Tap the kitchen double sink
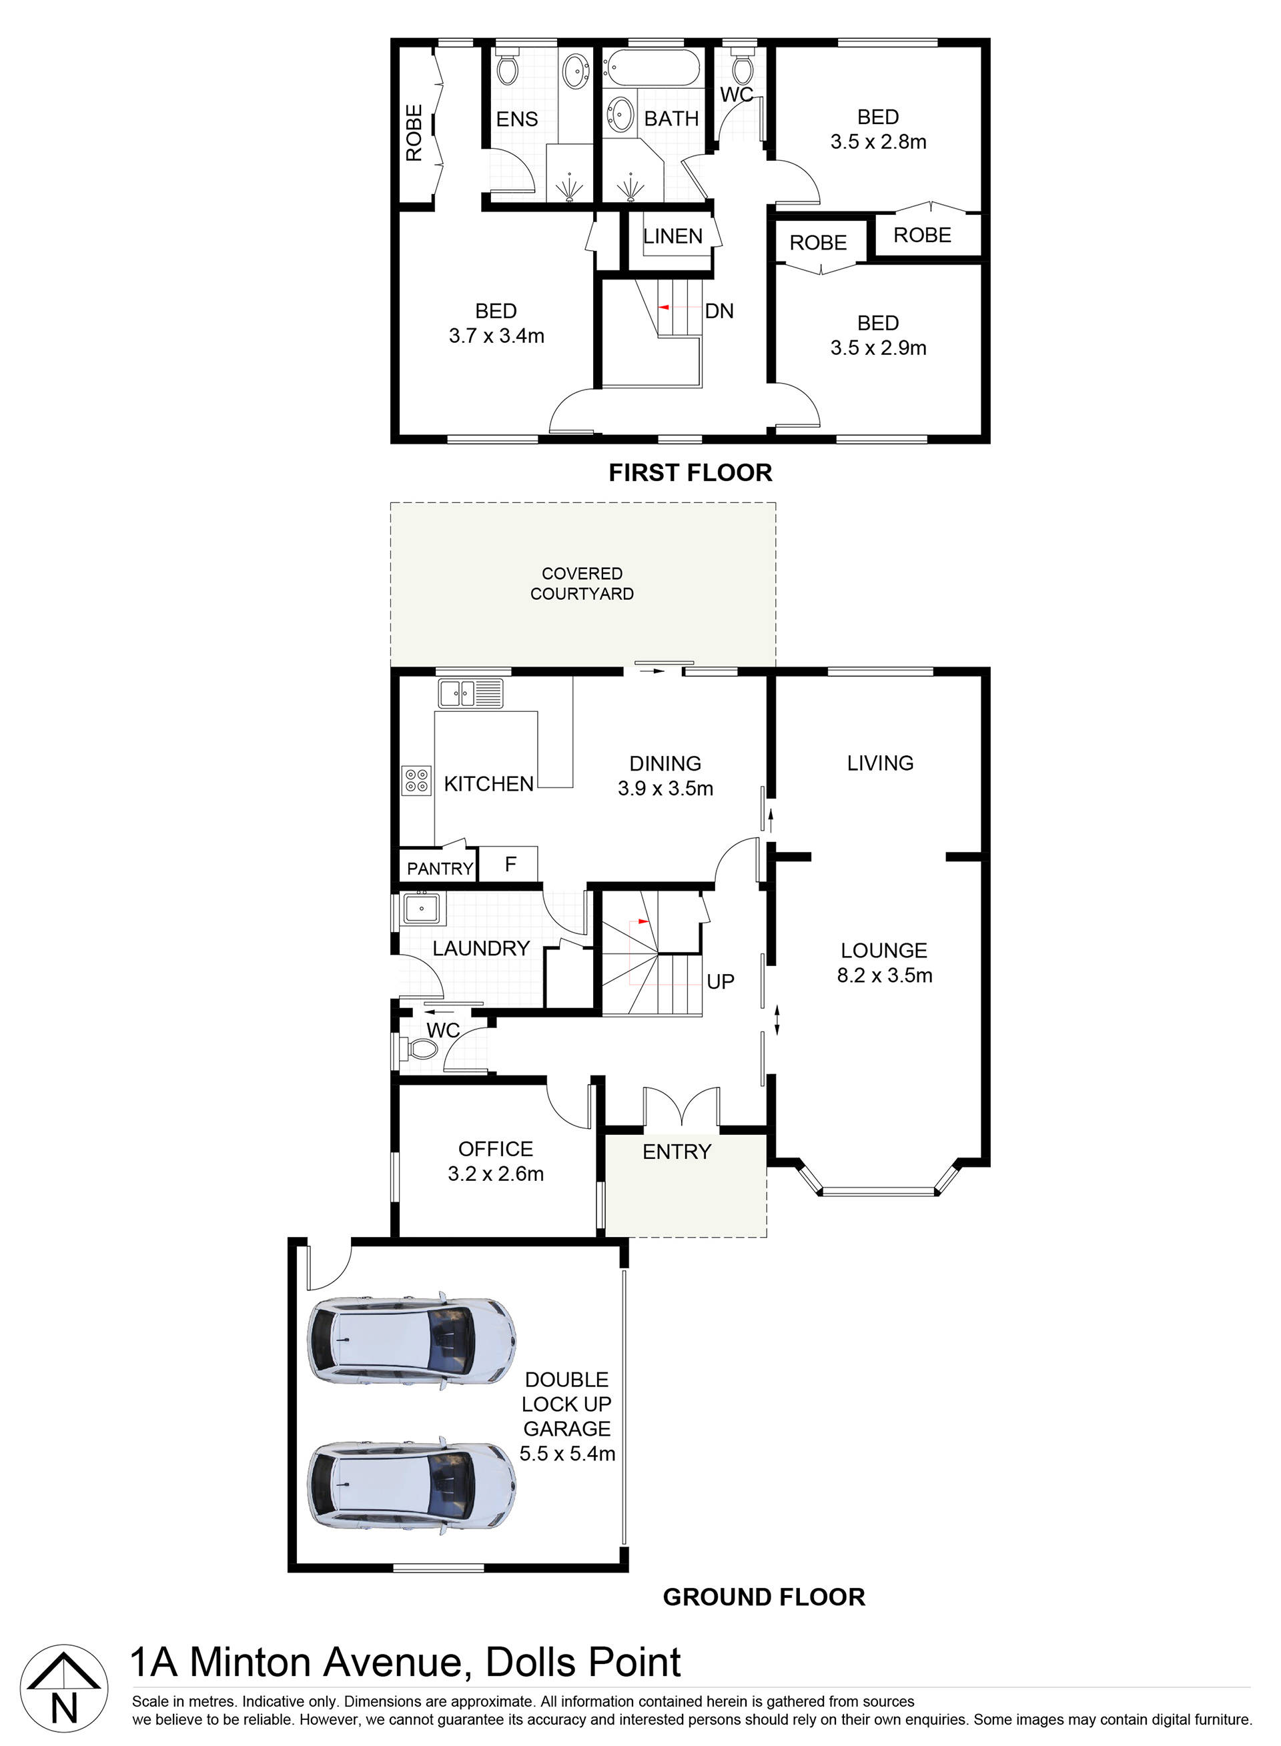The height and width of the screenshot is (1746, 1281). [x=470, y=693]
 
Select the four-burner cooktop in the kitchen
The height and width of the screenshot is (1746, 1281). [x=416, y=780]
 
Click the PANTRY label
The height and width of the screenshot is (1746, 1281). [x=440, y=869]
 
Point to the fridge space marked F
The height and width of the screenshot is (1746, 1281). [x=510, y=864]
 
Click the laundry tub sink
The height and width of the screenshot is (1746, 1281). [x=421, y=908]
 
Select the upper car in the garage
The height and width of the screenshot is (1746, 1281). [x=411, y=1340]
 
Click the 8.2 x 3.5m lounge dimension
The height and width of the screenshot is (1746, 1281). [x=884, y=975]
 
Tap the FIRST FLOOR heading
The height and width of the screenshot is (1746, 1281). [x=689, y=472]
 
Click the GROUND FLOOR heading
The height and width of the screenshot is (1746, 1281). [x=763, y=1597]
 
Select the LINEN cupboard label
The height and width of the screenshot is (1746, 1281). [x=673, y=236]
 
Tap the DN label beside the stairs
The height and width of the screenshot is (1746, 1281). [x=719, y=311]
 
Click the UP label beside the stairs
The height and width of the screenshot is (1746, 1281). [x=720, y=981]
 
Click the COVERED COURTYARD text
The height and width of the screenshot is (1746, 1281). [x=582, y=583]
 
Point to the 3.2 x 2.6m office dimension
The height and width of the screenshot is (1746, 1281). [x=496, y=1174]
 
